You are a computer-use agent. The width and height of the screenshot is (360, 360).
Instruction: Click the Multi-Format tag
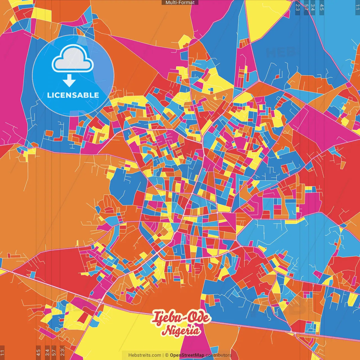tap(180, 3)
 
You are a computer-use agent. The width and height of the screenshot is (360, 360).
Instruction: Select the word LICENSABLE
tap(73, 95)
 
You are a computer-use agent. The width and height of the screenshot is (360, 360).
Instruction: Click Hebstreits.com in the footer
tap(145, 355)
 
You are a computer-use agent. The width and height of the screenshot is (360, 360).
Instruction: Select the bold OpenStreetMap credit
tap(187, 355)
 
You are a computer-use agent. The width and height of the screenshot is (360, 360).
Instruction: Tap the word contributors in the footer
tap(219, 355)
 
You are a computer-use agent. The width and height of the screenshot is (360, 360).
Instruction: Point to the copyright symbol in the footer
tap(166, 355)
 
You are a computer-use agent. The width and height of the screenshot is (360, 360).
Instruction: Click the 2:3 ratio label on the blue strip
tap(298, 7)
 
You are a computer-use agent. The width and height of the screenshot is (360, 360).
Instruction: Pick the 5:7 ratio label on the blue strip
tap(306, 7)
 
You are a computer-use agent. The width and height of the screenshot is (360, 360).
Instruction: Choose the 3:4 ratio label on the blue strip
tap(313, 7)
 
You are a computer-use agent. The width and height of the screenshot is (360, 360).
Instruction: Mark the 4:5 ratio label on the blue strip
tap(322, 7)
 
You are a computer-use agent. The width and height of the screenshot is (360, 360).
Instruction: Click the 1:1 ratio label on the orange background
tap(2, 352)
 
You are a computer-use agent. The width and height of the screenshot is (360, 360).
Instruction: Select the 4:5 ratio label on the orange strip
tap(38, 352)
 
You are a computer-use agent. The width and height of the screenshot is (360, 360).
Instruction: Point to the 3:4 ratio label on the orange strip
tap(47, 352)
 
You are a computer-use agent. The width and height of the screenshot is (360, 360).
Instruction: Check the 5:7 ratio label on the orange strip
tap(54, 352)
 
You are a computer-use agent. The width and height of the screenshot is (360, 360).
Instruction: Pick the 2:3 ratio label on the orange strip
tap(62, 352)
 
